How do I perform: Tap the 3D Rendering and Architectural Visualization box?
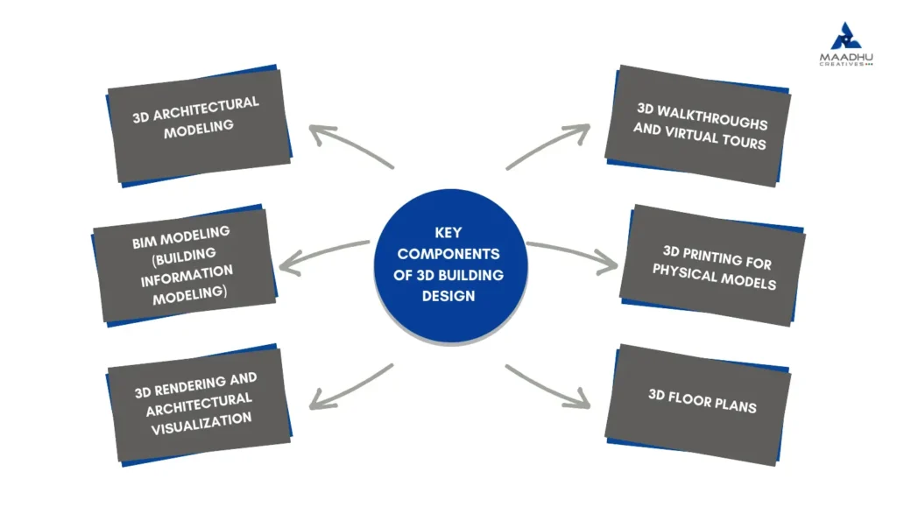[x=197, y=404]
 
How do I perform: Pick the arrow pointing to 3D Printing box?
[x=574, y=253]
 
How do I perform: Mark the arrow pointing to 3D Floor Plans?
[x=548, y=386]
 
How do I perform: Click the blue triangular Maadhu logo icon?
[x=847, y=38]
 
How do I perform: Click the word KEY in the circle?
[x=448, y=233]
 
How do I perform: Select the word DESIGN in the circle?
[x=448, y=296]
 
